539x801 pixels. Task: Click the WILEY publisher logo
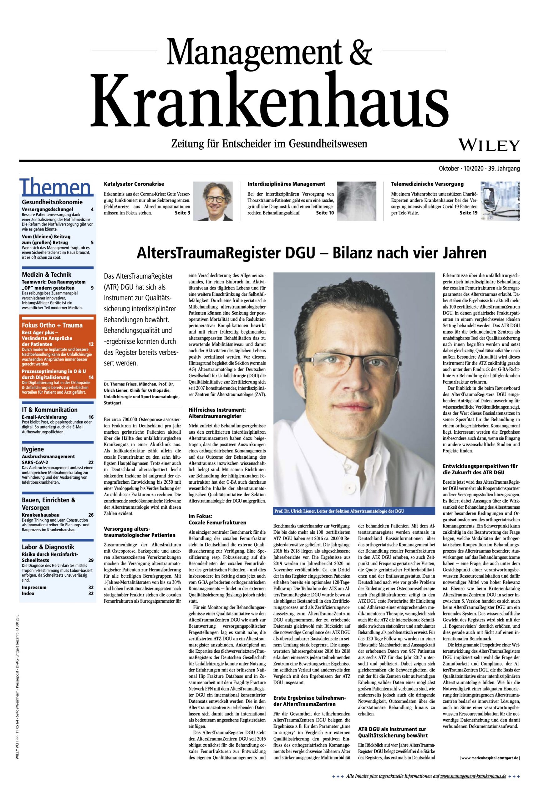(x=490, y=145)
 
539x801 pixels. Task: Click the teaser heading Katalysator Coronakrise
(x=134, y=184)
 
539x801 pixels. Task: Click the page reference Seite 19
(x=469, y=213)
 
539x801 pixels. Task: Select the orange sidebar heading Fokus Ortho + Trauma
(x=52, y=325)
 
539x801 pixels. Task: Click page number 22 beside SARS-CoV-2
(x=91, y=462)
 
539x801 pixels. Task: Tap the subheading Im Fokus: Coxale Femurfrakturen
(x=217, y=519)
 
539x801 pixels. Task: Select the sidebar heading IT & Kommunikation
(x=50, y=410)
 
